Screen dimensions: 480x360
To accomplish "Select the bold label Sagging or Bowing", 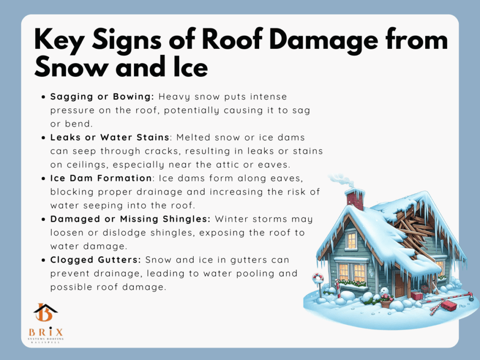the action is tap(102, 97).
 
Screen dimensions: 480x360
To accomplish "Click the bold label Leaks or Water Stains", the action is tap(110, 137).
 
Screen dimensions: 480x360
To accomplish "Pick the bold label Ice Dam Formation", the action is tap(101, 178).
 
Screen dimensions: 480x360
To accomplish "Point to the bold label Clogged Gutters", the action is tap(96, 260).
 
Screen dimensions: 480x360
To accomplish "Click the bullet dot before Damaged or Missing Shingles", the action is tap(43, 219).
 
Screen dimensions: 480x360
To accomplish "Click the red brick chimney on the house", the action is tap(355, 199).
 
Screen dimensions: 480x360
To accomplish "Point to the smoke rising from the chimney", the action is tap(341, 180).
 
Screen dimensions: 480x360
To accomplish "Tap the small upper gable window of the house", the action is tap(352, 240).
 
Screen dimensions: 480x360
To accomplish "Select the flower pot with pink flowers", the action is tap(386, 301).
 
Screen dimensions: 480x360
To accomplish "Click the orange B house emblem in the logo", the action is tap(45, 312).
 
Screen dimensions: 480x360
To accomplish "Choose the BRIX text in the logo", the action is tap(46, 332).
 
